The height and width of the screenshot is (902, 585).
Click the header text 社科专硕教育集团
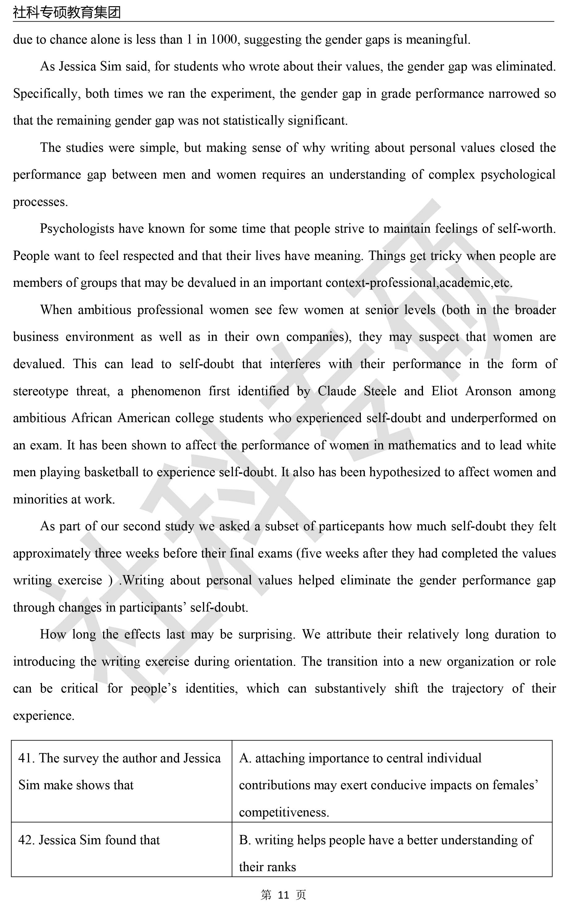(67, 12)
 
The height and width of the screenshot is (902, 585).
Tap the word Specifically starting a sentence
(45, 94)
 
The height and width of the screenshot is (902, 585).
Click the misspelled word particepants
(351, 527)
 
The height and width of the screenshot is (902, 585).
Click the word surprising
(267, 634)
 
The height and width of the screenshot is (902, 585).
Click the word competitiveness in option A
(284, 812)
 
